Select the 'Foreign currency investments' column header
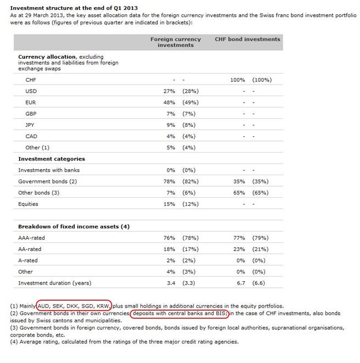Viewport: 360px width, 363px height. coord(176,42)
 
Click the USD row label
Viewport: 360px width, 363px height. coord(31,91)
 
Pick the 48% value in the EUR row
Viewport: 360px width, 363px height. coord(169,102)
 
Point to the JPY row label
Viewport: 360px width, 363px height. coord(31,125)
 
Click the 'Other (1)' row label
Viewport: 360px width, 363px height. coord(37,147)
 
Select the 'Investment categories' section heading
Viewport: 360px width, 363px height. coord(52,159)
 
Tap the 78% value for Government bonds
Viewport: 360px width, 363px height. coord(169,181)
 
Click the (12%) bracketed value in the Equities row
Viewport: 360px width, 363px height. coord(190,204)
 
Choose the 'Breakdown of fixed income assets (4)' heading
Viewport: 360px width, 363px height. coord(74,227)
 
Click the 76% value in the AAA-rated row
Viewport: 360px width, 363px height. coord(169,238)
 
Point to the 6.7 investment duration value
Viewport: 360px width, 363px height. coord(239,283)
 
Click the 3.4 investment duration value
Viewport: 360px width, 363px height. coord(170,283)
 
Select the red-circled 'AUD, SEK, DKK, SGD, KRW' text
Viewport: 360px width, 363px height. coord(74,305)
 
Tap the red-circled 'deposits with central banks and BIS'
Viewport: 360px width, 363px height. coord(179,313)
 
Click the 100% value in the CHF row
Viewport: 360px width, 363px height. coord(238,80)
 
